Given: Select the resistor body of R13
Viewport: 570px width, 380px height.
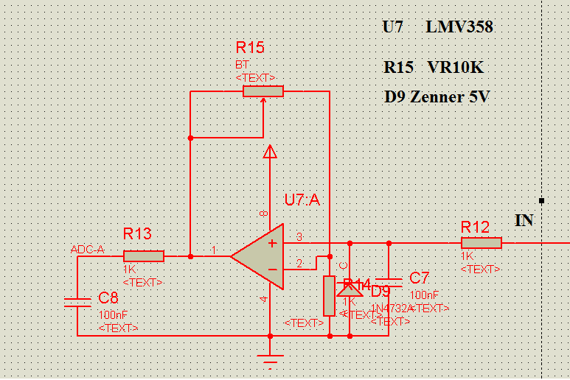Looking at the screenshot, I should point(148,256).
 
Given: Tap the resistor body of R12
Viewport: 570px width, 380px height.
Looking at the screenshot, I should point(482,243).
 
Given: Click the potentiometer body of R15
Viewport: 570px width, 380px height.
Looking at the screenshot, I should point(263,91).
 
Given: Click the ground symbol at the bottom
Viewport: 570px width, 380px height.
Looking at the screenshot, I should point(271,360).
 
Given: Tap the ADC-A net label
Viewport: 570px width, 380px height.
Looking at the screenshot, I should point(87,250).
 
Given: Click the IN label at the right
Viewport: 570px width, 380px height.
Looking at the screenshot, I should point(524,220).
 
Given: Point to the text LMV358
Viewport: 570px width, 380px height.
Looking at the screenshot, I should point(459,27).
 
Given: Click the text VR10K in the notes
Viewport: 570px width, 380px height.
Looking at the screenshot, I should point(455,67).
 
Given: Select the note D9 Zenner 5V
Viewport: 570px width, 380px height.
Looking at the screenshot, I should point(437,97).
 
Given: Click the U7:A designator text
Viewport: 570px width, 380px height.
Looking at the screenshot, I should point(302,200).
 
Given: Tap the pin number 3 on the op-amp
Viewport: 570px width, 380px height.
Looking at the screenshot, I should point(299,236).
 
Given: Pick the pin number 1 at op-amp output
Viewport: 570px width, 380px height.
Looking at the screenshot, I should point(215,250).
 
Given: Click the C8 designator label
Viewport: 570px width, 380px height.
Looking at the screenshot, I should point(108,298).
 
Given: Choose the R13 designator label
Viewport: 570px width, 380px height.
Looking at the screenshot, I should point(137,234).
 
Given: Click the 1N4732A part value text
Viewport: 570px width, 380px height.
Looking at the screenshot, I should point(391,308).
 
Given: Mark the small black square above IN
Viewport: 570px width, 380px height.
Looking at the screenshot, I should point(542,200).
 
